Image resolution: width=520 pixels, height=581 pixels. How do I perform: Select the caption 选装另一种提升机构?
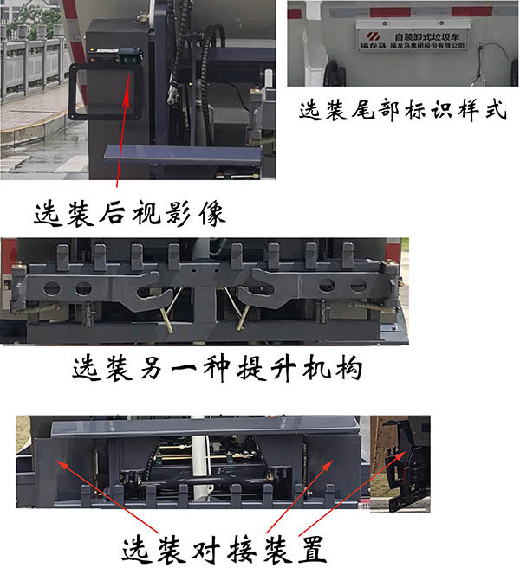point(216,370)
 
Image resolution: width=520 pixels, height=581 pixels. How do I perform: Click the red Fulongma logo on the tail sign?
point(372,36)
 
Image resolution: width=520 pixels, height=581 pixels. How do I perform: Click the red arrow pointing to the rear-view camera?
point(127,130)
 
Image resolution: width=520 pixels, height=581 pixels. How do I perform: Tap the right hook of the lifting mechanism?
point(257,294)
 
